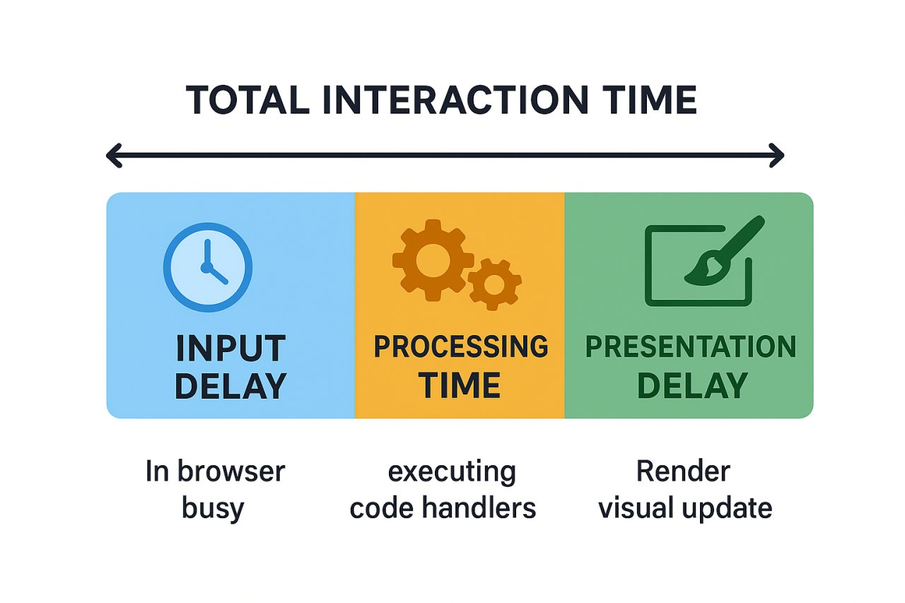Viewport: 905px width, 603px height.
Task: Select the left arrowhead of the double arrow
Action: click(113, 156)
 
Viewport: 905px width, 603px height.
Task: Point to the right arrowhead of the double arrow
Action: click(777, 156)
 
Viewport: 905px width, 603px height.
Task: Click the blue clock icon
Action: click(208, 267)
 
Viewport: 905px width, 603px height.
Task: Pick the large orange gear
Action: click(428, 259)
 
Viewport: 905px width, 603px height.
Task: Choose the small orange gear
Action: click(494, 283)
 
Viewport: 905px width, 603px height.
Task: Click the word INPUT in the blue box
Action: click(230, 349)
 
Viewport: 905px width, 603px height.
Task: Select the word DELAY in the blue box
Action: click(230, 387)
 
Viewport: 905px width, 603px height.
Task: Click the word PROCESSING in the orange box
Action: click(460, 347)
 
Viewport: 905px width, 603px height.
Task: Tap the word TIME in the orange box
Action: click(460, 386)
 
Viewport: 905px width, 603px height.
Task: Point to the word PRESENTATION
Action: click(691, 347)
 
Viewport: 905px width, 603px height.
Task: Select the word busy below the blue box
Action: click(213, 508)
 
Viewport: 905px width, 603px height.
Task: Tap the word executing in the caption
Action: click(452, 472)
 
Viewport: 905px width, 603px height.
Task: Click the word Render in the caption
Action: click(683, 471)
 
